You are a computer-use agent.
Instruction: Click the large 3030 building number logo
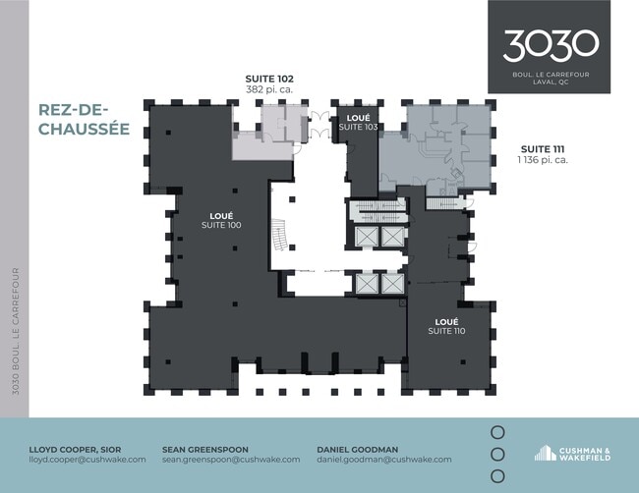pyautogui.click(x=551, y=46)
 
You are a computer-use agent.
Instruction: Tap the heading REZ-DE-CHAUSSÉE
pyautogui.click(x=84, y=119)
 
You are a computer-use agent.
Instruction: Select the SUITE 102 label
pyautogui.click(x=269, y=79)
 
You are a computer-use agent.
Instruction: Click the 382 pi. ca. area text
pyautogui.click(x=269, y=89)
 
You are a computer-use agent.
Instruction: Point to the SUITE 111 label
pyautogui.click(x=543, y=149)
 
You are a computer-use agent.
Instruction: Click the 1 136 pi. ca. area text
pyautogui.click(x=543, y=160)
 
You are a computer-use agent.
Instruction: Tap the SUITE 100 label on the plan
pyautogui.click(x=221, y=225)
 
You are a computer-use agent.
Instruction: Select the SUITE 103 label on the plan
pyautogui.click(x=358, y=127)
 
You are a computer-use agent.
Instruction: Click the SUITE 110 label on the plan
pyautogui.click(x=446, y=331)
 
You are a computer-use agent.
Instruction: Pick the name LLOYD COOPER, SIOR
pyautogui.click(x=75, y=450)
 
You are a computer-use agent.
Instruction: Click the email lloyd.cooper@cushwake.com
pyautogui.click(x=87, y=460)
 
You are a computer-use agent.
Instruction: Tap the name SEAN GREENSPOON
pyautogui.click(x=205, y=450)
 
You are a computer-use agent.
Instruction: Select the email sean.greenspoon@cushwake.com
pyautogui.click(x=231, y=460)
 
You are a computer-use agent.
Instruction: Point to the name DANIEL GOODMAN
pyautogui.click(x=358, y=450)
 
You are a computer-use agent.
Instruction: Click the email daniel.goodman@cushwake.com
pyautogui.click(x=384, y=460)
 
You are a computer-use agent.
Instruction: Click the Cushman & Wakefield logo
pyautogui.click(x=572, y=454)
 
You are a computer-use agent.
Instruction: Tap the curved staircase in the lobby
pyautogui.click(x=279, y=235)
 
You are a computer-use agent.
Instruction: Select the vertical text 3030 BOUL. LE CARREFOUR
pyautogui.click(x=16, y=331)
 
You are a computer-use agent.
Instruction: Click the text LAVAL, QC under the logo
pyautogui.click(x=551, y=82)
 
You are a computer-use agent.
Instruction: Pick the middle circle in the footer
pyautogui.click(x=497, y=455)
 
